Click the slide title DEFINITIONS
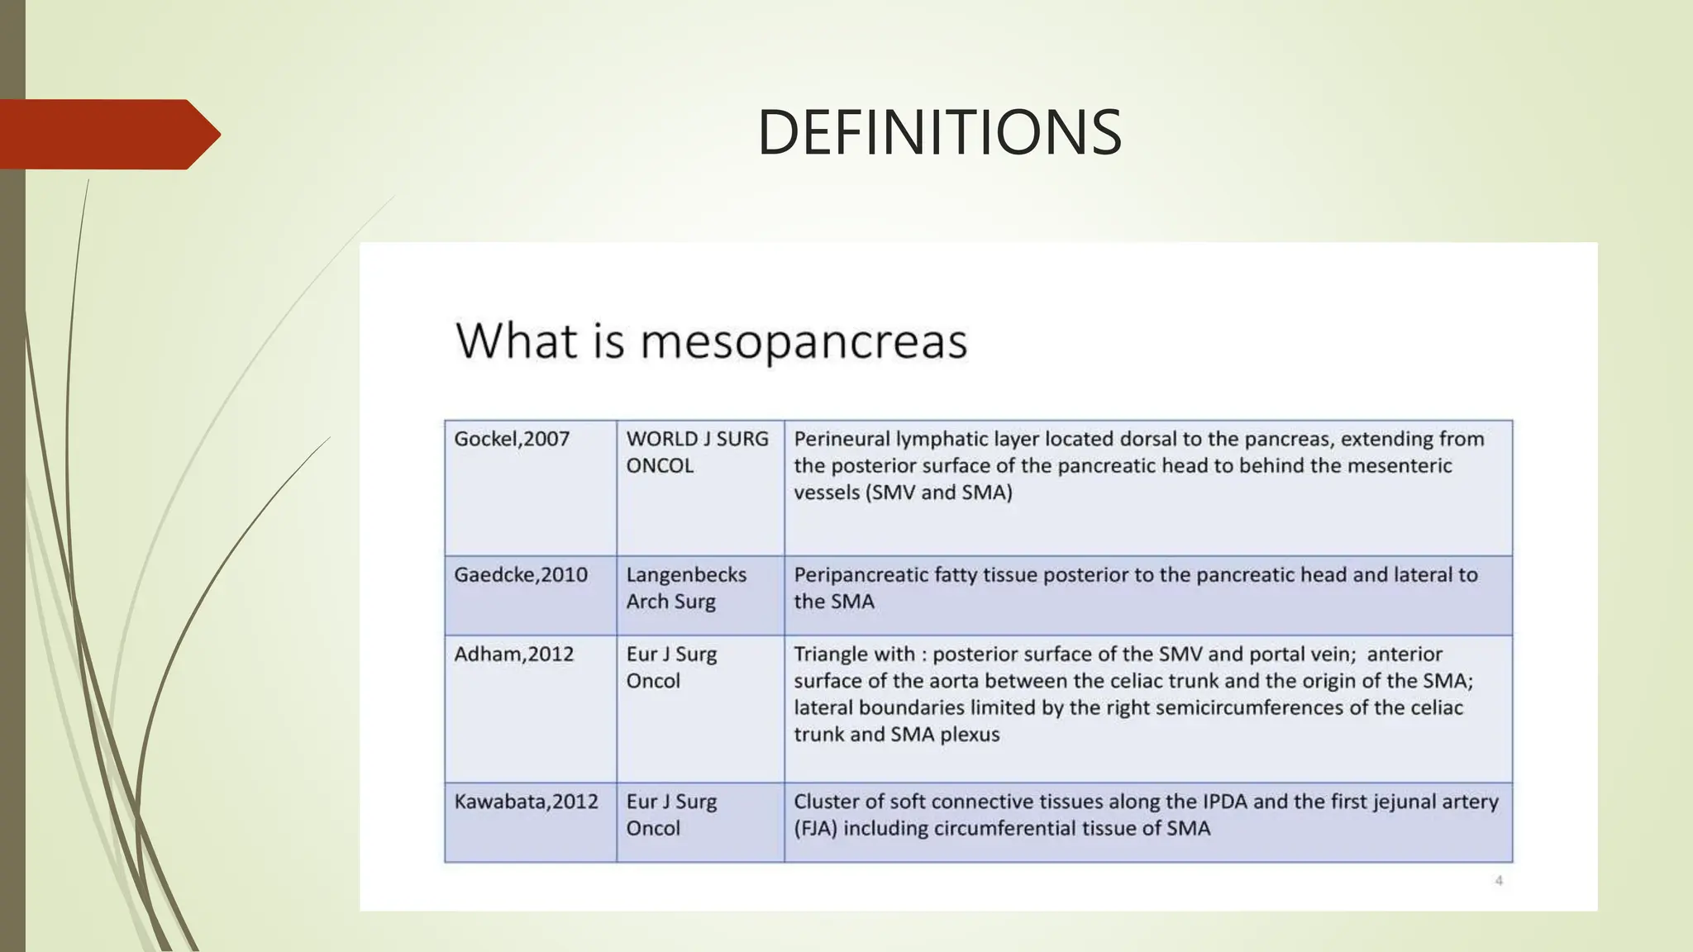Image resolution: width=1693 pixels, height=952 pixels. (939, 133)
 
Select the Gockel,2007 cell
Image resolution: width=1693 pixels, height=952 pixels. (512, 439)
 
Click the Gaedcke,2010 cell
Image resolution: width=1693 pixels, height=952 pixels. (521, 574)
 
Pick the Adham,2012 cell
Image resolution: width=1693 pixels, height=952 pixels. (513, 654)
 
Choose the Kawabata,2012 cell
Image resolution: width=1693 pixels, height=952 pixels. (526, 802)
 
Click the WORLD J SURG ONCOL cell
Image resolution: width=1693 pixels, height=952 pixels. (697, 452)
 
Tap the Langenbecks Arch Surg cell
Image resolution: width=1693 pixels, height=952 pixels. (686, 588)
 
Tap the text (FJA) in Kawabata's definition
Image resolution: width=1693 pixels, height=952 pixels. (815, 828)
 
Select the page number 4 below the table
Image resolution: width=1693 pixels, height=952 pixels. (1499, 881)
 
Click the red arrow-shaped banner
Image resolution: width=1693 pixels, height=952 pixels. (107, 134)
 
